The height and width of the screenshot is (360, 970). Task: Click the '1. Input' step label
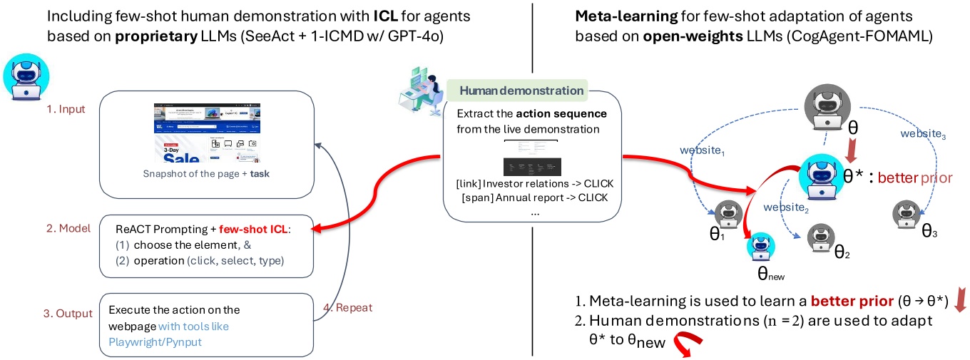[x=66, y=110]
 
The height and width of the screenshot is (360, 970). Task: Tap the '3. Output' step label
[x=68, y=314]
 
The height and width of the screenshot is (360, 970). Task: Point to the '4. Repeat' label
[x=348, y=308]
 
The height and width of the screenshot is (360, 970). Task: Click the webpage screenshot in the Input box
[x=207, y=133]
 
